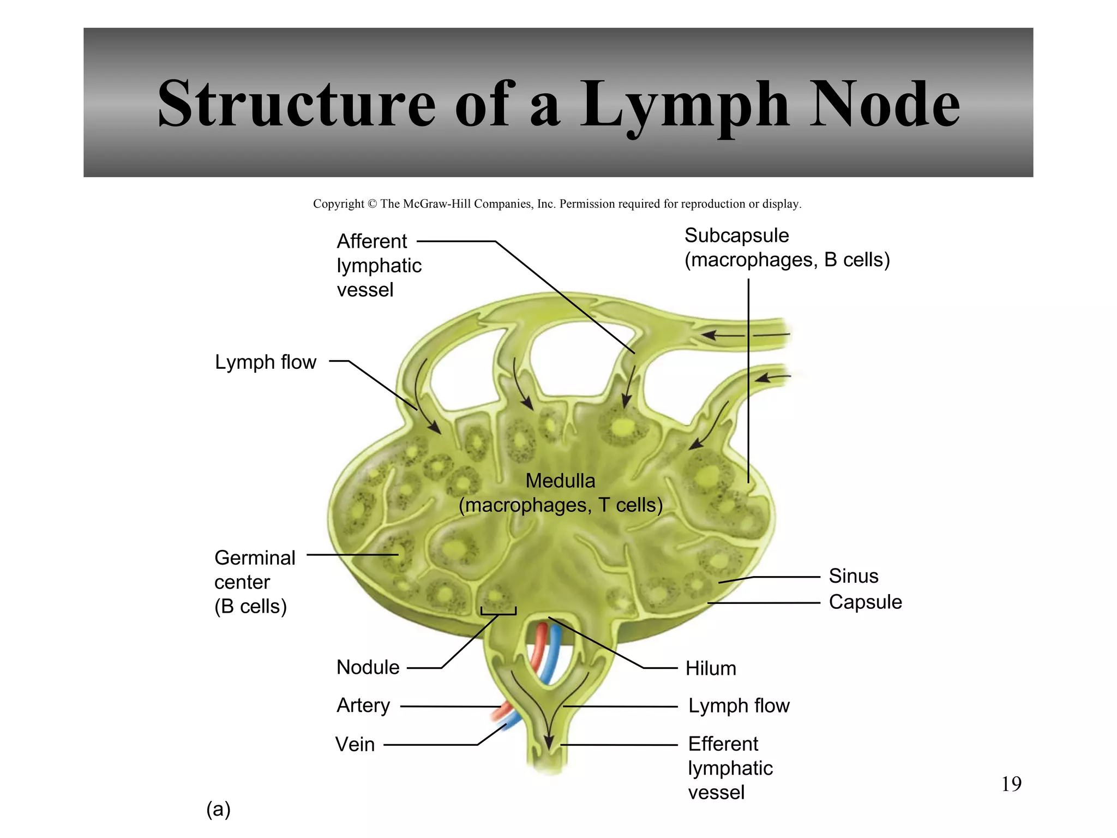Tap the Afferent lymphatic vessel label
[x=379, y=265]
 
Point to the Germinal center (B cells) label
[x=254, y=582]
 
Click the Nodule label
[x=368, y=667]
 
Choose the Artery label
[x=363, y=705]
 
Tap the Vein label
[x=355, y=744]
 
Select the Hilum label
[x=711, y=668]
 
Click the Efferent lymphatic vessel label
[x=730, y=768]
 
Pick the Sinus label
[x=854, y=576]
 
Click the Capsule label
[x=865, y=602]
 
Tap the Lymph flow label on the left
[x=265, y=362]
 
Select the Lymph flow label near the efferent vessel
[x=738, y=706]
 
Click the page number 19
[x=1011, y=784]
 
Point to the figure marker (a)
[x=218, y=809]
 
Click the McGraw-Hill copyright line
[x=557, y=204]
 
